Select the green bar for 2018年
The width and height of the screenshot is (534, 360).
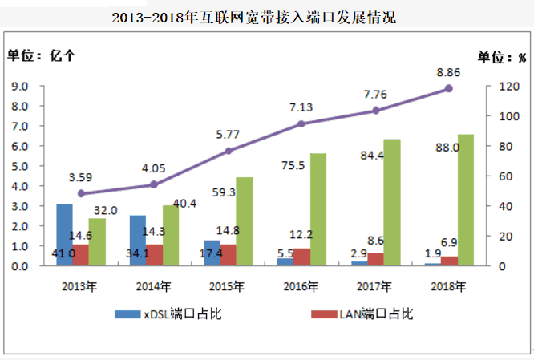466,200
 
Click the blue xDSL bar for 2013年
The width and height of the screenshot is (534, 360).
64,235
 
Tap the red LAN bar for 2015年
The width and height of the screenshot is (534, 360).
229,255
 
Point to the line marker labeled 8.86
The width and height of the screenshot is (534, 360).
448,88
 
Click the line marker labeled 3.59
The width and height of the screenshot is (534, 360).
80,193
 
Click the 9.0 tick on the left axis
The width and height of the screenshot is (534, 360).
21,86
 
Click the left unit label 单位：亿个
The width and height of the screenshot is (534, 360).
42,55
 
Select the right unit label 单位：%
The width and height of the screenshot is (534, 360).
502,56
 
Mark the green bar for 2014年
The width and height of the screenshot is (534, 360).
171,236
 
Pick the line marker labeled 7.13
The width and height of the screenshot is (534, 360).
301,124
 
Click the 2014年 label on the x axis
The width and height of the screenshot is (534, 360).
154,285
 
